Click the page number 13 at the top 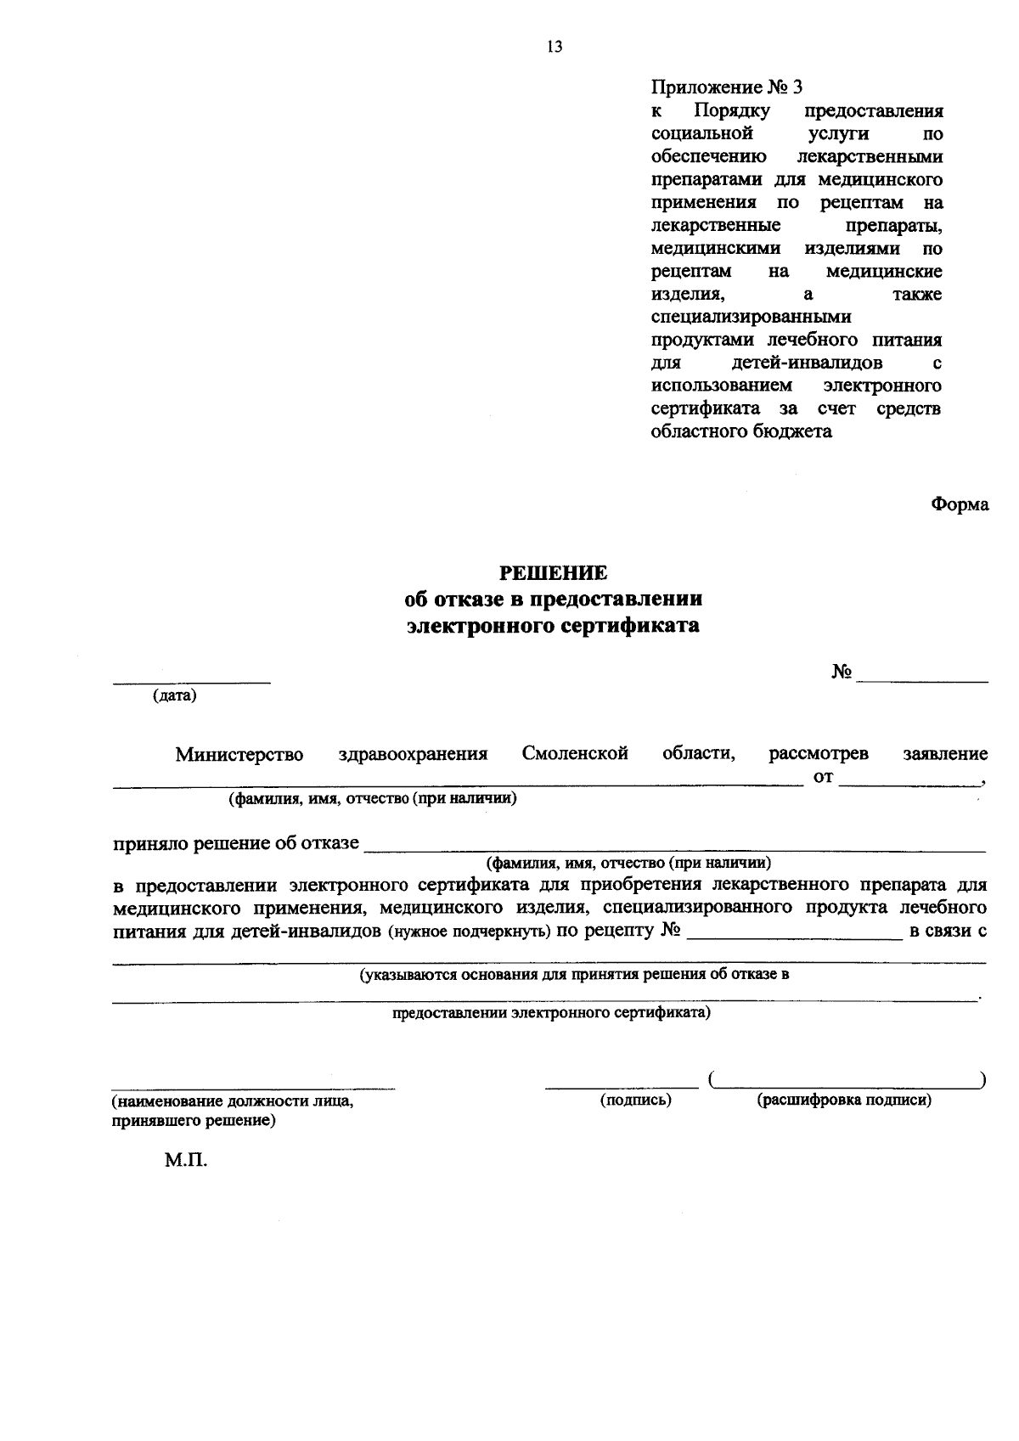[555, 48]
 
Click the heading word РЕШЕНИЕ [553, 573]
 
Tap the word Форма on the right [960, 504]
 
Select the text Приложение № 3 [726, 87]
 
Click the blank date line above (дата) [193, 681]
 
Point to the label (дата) [174, 697]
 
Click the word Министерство [239, 754]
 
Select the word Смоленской [575, 753]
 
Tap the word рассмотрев [818, 754]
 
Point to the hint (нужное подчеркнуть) [470, 932]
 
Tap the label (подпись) [635, 1100]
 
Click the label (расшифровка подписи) [844, 1100]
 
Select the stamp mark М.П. [186, 1161]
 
